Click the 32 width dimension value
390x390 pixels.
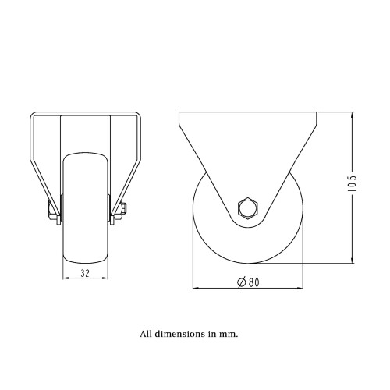point(85,273)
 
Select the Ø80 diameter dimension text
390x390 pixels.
point(248,282)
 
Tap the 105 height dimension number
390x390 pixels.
point(353,184)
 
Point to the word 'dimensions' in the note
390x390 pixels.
point(180,334)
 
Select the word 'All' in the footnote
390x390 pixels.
point(146,334)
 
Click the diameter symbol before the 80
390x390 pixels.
point(242,282)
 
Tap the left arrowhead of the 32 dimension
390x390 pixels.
point(66,278)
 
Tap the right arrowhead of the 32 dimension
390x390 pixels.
point(105,278)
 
